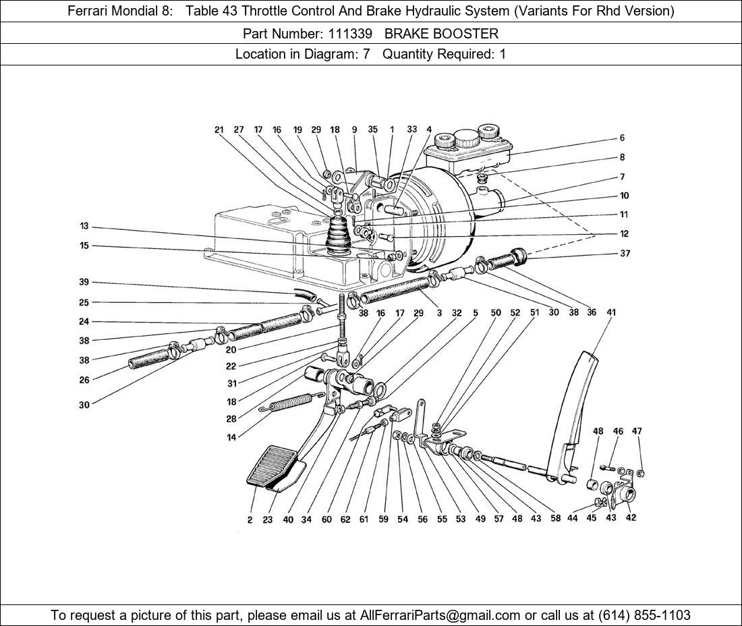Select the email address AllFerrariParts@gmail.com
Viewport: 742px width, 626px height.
pyautogui.click(x=440, y=615)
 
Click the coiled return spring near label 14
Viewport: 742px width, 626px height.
pyautogui.click(x=291, y=403)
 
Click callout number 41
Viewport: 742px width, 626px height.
pyautogui.click(x=611, y=312)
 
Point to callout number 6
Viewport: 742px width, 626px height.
pyautogui.click(x=622, y=138)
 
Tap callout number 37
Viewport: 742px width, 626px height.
pyautogui.click(x=624, y=254)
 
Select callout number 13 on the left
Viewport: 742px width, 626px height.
pyautogui.click(x=84, y=227)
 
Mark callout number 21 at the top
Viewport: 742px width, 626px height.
pyautogui.click(x=219, y=130)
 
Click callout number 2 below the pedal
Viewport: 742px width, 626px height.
pyautogui.click(x=250, y=519)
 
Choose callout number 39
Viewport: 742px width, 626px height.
pyautogui.click(x=84, y=282)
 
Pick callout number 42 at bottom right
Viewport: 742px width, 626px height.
pyautogui.click(x=631, y=517)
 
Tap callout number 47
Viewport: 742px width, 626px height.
pyautogui.click(x=637, y=431)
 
